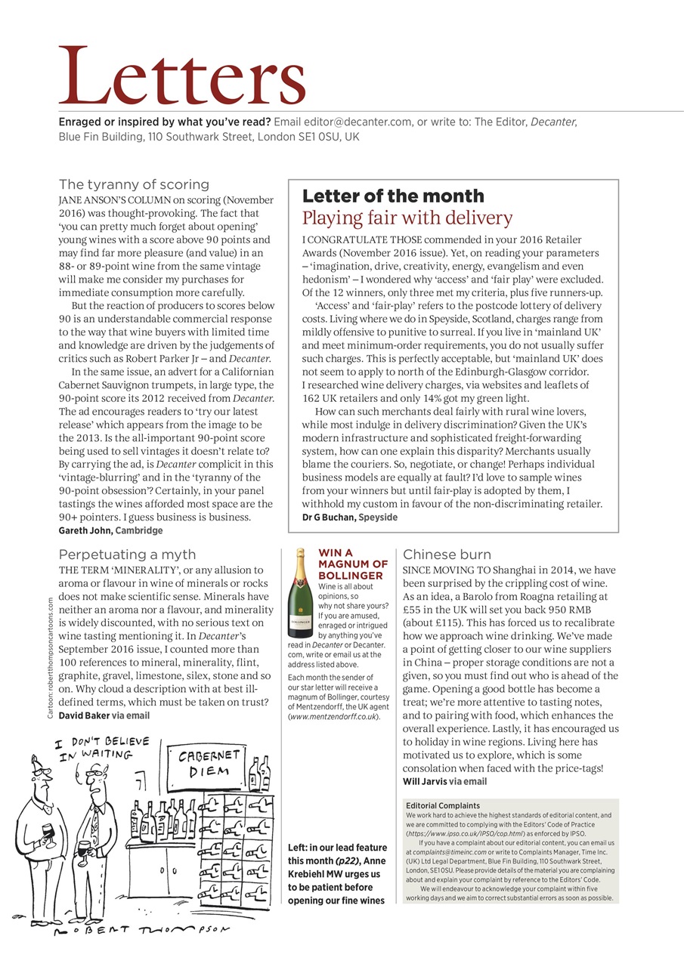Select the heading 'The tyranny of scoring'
(x=134, y=184)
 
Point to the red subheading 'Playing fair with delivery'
(x=407, y=218)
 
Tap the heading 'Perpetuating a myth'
(x=127, y=555)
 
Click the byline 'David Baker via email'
(x=104, y=715)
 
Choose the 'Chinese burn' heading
(x=447, y=555)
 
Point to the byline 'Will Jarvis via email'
(x=444, y=781)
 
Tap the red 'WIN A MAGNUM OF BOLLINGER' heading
(x=352, y=564)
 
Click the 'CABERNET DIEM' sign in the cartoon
(x=209, y=763)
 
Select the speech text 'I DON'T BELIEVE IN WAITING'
(x=101, y=748)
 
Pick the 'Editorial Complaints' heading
(x=442, y=806)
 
